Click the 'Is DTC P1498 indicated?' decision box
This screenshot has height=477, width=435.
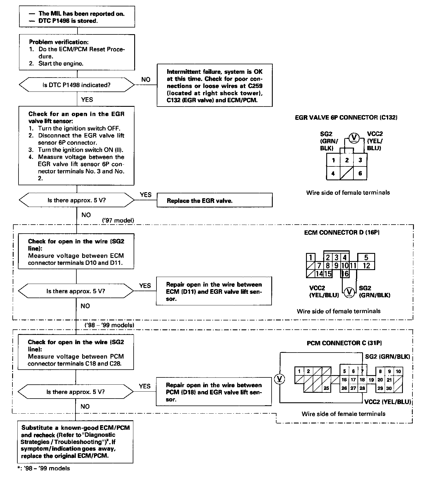pos(77,85)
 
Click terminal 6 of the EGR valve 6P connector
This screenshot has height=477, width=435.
pos(360,174)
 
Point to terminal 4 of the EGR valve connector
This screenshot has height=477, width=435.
pos(333,174)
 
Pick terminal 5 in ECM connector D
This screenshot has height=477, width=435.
pos(366,257)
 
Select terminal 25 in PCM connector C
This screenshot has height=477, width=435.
pos(326,388)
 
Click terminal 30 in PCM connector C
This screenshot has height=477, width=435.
pos(389,388)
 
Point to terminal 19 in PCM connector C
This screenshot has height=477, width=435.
pos(371,380)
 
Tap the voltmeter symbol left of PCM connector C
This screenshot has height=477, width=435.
pos(280,379)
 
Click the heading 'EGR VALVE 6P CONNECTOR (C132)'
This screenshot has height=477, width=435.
pos(346,118)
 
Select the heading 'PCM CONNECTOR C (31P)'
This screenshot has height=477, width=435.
pos(344,343)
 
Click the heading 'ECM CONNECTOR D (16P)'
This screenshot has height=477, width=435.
pos(342,232)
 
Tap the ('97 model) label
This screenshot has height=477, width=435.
pos(118,221)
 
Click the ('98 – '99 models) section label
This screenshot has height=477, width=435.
pos(109,325)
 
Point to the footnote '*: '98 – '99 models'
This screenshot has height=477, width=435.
pos(43,468)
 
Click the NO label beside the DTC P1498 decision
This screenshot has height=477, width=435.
pos(146,80)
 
